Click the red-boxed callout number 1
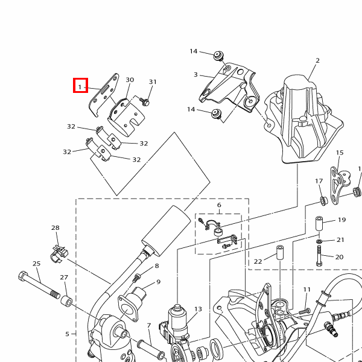click(x=80, y=87)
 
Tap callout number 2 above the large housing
click(x=318, y=60)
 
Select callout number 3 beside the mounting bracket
click(x=195, y=75)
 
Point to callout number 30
click(x=130, y=80)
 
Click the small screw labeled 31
click(x=145, y=101)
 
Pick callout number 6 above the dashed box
click(x=219, y=205)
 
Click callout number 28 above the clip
click(x=56, y=228)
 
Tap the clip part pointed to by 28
click(x=59, y=255)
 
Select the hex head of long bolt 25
click(x=22, y=276)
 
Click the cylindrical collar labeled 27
click(x=66, y=301)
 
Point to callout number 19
click(x=341, y=220)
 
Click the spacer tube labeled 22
click(x=280, y=253)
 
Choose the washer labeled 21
click(x=319, y=241)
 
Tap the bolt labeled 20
click(x=319, y=256)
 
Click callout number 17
click(x=319, y=181)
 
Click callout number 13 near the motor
click(x=198, y=309)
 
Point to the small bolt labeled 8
click(x=136, y=278)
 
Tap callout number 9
click(x=158, y=282)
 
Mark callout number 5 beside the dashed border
click(x=67, y=334)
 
